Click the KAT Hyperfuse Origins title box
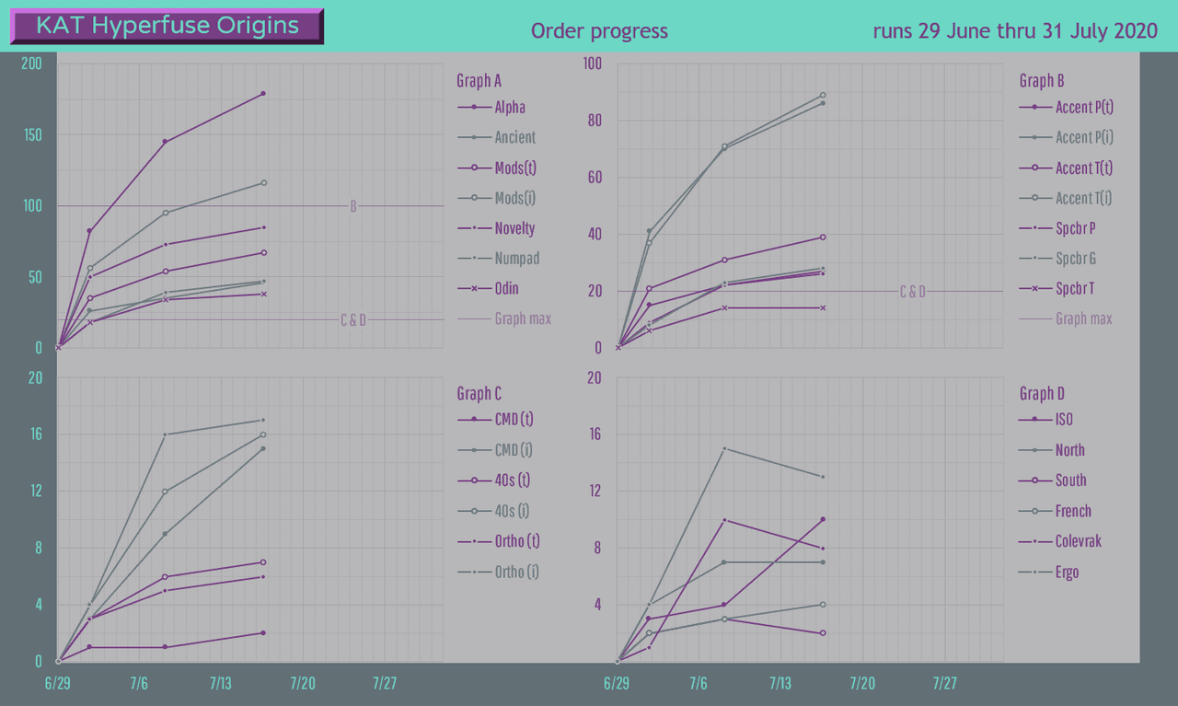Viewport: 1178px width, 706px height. point(167,26)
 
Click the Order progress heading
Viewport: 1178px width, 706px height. point(599,31)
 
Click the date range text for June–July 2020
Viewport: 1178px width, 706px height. point(1014,31)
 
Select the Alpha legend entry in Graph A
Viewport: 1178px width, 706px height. point(509,108)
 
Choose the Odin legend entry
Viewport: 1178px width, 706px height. point(505,289)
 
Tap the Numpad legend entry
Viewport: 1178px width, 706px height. point(516,259)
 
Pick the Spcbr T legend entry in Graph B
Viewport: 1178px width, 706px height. point(1075,289)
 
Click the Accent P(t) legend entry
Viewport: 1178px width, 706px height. point(1084,108)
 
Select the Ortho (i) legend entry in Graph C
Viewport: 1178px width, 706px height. point(515,573)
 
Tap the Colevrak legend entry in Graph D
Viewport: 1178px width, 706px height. point(1078,542)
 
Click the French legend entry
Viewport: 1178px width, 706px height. point(1073,512)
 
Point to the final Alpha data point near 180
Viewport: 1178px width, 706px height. point(263,94)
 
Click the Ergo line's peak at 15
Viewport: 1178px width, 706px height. point(724,448)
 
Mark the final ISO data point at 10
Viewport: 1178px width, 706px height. point(823,519)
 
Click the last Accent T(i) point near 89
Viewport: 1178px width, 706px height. point(823,95)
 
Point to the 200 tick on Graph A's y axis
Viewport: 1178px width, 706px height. point(33,64)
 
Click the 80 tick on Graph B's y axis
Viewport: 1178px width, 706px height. point(593,121)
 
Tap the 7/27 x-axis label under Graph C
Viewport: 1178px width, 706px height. point(385,684)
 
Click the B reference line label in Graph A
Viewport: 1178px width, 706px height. point(353,206)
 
